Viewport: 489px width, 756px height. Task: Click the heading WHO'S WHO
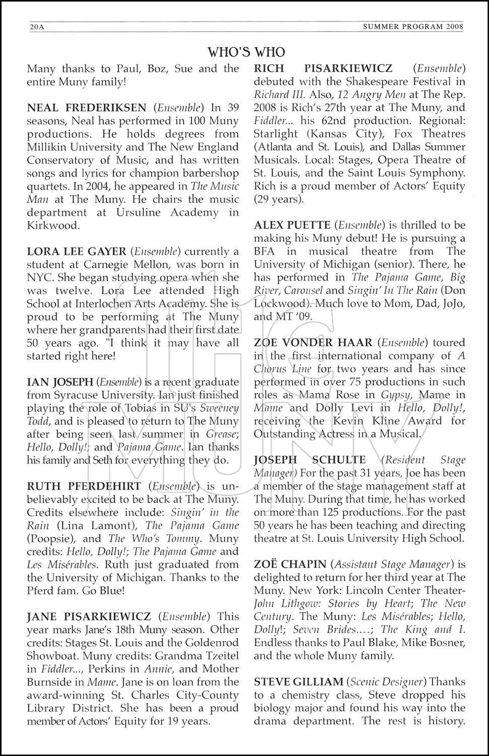pos(246,52)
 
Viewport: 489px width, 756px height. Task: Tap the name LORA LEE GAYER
pos(77,251)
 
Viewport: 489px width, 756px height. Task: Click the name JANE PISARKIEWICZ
pos(89,616)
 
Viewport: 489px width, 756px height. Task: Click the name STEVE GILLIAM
pos(298,682)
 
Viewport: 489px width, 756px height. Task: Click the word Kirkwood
pos(53,225)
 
